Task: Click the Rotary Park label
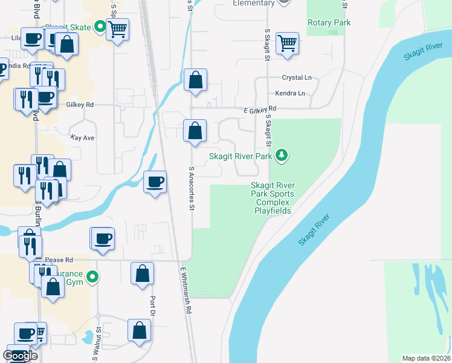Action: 329,22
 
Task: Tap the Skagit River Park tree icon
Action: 281,156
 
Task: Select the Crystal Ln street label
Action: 297,78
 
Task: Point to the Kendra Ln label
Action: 290,94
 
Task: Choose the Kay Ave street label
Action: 83,138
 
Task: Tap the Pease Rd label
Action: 59,260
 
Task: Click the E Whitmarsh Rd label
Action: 185,290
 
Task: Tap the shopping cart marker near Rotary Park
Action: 288,44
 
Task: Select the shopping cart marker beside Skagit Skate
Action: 117,28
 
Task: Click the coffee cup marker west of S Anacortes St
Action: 155,181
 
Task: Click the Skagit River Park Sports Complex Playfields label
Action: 273,198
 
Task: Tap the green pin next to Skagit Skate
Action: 100,27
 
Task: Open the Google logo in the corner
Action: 21,356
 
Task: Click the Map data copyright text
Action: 427,358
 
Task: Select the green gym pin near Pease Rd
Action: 92,278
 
